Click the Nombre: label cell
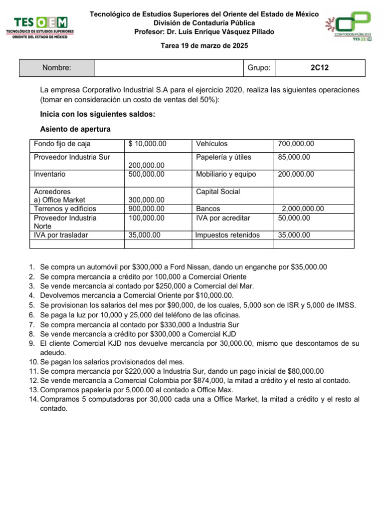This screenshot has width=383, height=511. tap(56, 68)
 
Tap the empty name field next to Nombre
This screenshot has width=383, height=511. tap(169, 68)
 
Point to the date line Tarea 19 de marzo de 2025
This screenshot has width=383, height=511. tap(203, 45)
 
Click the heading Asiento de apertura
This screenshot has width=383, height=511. tap(75, 129)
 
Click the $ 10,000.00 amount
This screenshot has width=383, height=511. tap(147, 144)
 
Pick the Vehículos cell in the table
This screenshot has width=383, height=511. tap(212, 144)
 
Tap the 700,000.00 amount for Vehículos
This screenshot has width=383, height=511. tap(296, 144)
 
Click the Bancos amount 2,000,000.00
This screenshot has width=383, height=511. tap(303, 209)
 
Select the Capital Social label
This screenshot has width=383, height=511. tap(218, 192)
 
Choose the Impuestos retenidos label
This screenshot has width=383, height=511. tap(227, 235)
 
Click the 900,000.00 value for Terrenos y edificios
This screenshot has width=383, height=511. tap(146, 209)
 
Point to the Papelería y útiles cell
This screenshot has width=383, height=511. tap(223, 157)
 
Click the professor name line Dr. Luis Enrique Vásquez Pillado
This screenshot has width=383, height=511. tap(204, 32)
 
